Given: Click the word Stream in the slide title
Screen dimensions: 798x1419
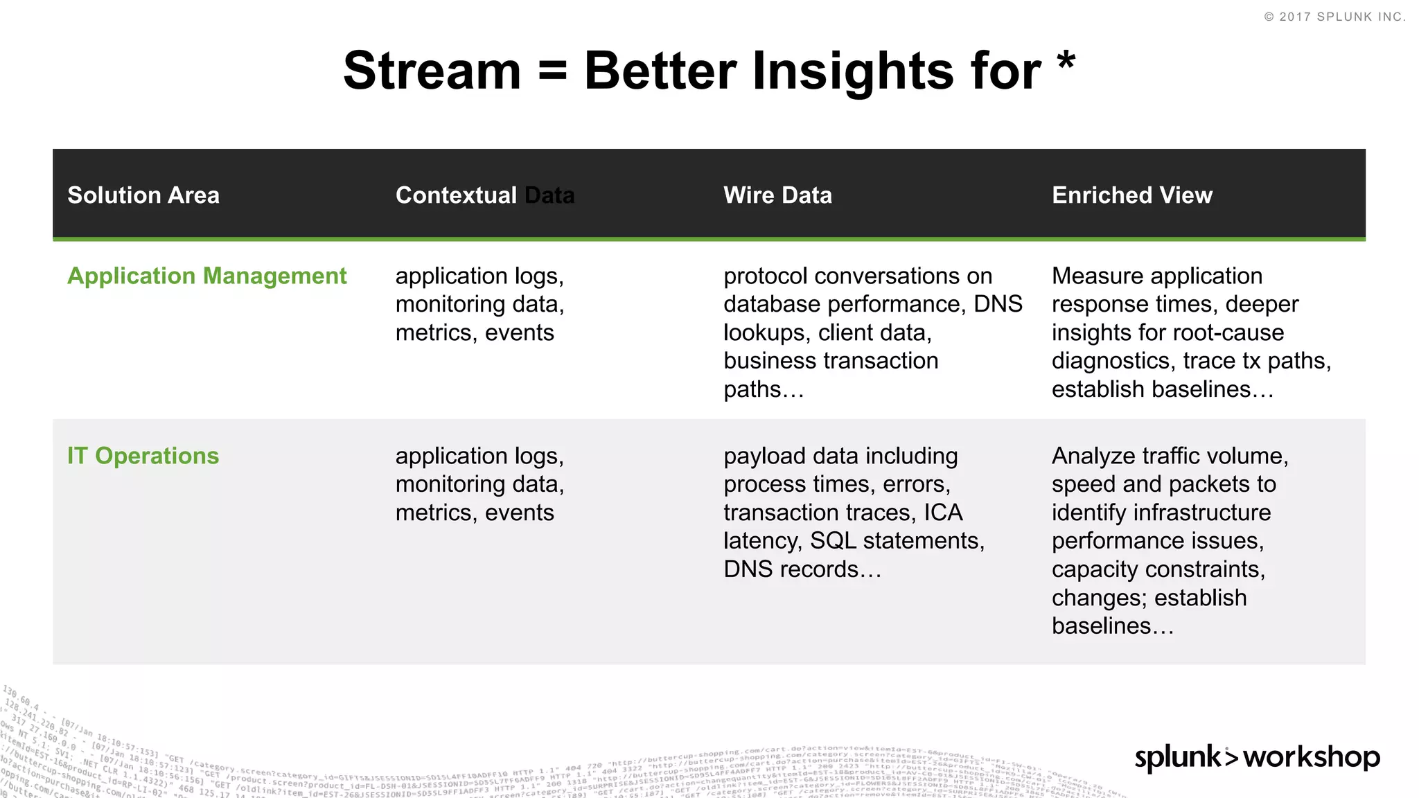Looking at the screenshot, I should (x=432, y=71).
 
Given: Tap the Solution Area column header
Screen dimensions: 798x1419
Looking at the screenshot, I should (x=143, y=195).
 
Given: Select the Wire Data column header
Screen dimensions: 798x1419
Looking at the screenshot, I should (x=777, y=195).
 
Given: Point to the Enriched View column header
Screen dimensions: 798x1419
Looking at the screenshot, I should (x=1131, y=195).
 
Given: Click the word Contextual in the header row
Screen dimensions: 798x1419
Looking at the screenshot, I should (x=456, y=195).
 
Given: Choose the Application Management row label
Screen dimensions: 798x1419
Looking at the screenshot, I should (x=206, y=276).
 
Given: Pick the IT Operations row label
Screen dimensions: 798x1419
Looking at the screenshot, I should (x=143, y=456).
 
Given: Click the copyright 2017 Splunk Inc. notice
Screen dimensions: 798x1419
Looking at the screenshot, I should (x=1334, y=17).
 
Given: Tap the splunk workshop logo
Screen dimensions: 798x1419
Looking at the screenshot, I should (x=1257, y=756).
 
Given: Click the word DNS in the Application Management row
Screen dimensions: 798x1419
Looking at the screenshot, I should (x=998, y=304).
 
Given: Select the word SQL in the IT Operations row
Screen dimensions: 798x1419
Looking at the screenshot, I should (x=833, y=540).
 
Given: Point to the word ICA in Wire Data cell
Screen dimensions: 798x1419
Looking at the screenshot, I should (x=943, y=513).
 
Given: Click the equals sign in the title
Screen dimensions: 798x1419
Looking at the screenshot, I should (x=552, y=71).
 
